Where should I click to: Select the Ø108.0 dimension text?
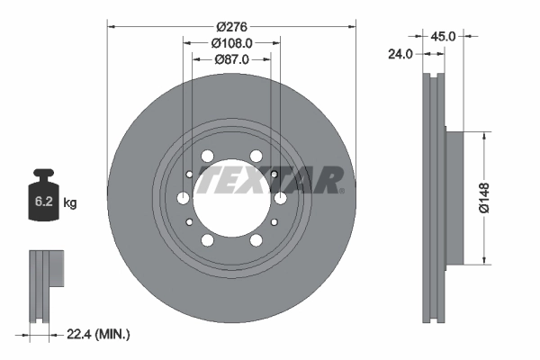(x=231, y=41)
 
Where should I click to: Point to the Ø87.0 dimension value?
(x=231, y=58)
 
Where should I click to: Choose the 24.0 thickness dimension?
(x=400, y=54)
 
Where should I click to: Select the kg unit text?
(x=70, y=203)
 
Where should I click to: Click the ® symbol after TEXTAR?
(x=343, y=191)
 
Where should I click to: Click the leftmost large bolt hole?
(x=184, y=198)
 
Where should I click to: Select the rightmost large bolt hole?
(x=280, y=198)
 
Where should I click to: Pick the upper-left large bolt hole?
(x=208, y=156)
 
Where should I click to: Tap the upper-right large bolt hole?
(x=256, y=156)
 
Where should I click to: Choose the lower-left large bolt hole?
(x=208, y=240)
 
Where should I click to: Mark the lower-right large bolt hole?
(x=256, y=240)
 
